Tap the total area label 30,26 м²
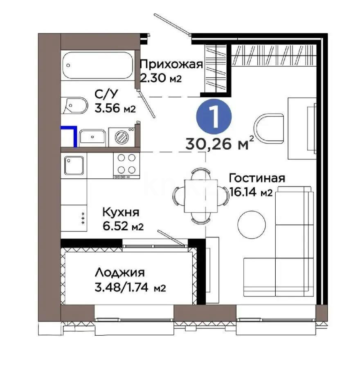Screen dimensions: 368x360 [x=219, y=144]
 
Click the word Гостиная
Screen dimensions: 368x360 [x=256, y=178]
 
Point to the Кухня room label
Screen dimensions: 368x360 [x=121, y=213]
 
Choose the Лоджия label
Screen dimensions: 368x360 [x=120, y=272]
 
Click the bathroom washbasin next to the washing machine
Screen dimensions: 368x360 [x=93, y=137]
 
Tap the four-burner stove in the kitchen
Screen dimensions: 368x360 [x=126, y=164]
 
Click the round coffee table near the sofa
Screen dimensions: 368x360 [x=252, y=223]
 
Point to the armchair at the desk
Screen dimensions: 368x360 [x=268, y=125]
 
